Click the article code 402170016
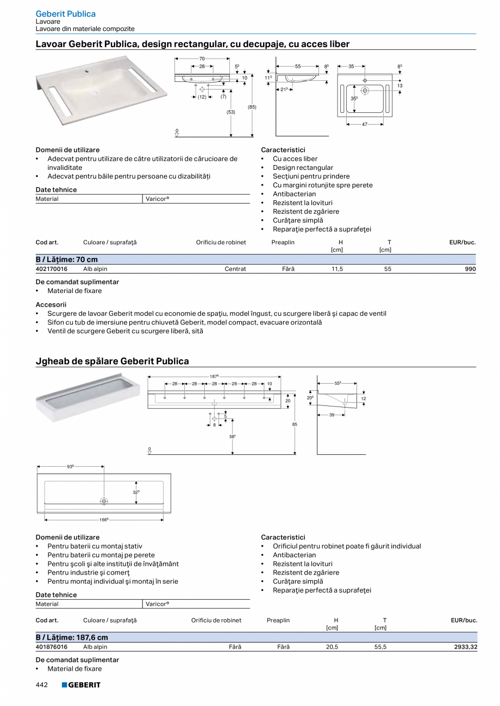click(52, 269)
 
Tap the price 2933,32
click(466, 647)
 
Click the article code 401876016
click(52, 647)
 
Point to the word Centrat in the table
click(235, 269)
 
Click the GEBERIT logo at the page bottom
click(81, 685)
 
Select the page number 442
click(42, 685)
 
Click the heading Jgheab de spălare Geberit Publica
click(112, 361)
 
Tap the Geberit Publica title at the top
click(66, 14)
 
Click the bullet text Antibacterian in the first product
click(294, 194)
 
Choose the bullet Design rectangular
click(303, 168)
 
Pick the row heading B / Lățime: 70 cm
click(67, 259)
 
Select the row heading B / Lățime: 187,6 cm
click(72, 638)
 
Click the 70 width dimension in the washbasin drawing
click(202, 59)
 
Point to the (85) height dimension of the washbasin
click(252, 107)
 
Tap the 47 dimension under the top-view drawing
click(365, 124)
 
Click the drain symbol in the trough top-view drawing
click(104, 501)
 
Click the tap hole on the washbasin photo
click(86, 70)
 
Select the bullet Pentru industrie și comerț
click(89, 573)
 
